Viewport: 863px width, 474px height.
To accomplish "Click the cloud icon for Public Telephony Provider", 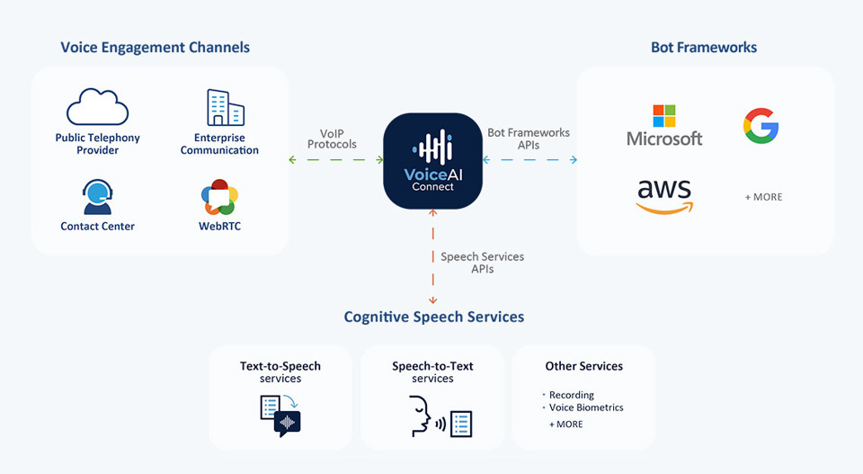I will [97, 108].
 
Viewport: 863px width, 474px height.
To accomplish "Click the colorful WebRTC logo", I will [219, 197].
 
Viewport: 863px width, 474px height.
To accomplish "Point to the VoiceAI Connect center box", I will [432, 161].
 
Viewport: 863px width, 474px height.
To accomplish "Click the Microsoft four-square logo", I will [664, 116].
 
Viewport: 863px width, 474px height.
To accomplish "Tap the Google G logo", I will [761, 126].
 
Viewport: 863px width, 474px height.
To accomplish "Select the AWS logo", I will [664, 195].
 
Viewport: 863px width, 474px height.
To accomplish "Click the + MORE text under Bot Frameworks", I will [763, 197].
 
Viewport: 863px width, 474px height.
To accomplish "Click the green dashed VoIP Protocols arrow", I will [336, 160].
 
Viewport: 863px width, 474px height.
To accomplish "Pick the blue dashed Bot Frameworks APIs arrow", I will [529, 160].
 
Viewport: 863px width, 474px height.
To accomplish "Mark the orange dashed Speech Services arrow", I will [432, 256].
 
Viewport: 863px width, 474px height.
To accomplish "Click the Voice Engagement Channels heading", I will [155, 47].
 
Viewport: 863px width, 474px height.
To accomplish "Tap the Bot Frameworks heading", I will [704, 47].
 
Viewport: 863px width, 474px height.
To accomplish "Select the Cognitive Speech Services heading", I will [433, 317].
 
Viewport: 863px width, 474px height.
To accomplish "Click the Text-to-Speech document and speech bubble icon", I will [280, 416].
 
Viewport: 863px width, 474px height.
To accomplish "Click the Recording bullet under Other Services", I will [571, 395].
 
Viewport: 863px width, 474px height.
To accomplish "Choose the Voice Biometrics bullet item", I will [585, 407].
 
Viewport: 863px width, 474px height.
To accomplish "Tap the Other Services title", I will [583, 366].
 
